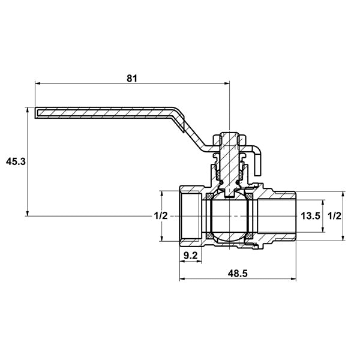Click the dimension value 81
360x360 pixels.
[x=132, y=78]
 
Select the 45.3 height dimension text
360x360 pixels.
[x=16, y=161]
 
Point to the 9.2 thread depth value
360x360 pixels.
[x=191, y=256]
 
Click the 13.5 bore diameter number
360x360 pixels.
[x=310, y=216]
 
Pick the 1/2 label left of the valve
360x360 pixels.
[x=161, y=216]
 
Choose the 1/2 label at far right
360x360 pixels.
[x=334, y=216]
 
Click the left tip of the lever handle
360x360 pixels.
[x=35, y=113]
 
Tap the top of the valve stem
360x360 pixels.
[x=229, y=133]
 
